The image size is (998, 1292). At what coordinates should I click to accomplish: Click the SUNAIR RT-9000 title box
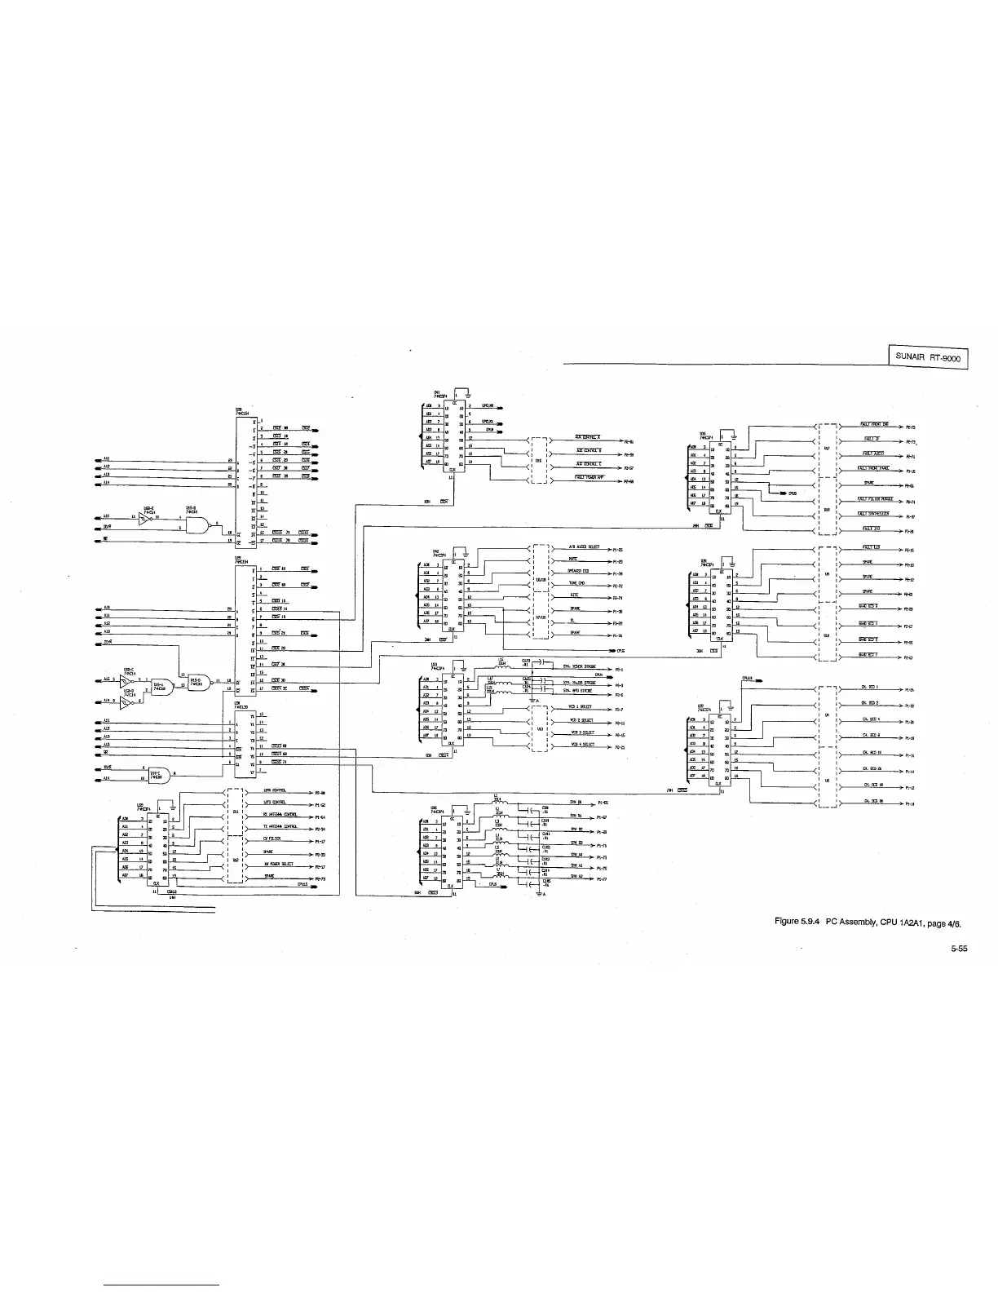[x=927, y=357]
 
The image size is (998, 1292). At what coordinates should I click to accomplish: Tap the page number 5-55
[x=958, y=949]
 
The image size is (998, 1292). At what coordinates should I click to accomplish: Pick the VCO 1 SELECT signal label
[x=580, y=706]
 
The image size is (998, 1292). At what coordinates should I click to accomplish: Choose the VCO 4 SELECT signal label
[x=582, y=744]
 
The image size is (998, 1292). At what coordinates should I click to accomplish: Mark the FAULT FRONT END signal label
[x=875, y=424]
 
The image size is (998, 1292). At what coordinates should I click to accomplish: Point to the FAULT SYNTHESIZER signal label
[x=873, y=513]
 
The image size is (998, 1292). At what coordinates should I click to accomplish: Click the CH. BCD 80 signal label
[x=872, y=801]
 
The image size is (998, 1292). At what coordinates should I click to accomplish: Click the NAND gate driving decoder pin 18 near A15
[x=196, y=528]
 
